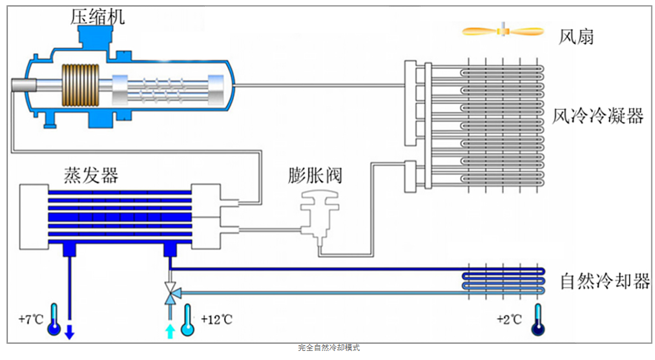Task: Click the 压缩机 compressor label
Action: [98, 16]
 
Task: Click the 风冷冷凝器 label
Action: [598, 116]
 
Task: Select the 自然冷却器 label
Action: [605, 281]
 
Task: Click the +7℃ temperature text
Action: [31, 319]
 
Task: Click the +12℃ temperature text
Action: [215, 319]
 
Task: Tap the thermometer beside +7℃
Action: [54, 319]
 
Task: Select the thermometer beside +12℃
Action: [188, 319]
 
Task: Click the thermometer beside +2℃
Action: [537, 319]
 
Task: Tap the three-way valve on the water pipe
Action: [170, 291]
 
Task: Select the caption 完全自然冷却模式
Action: [329, 348]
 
